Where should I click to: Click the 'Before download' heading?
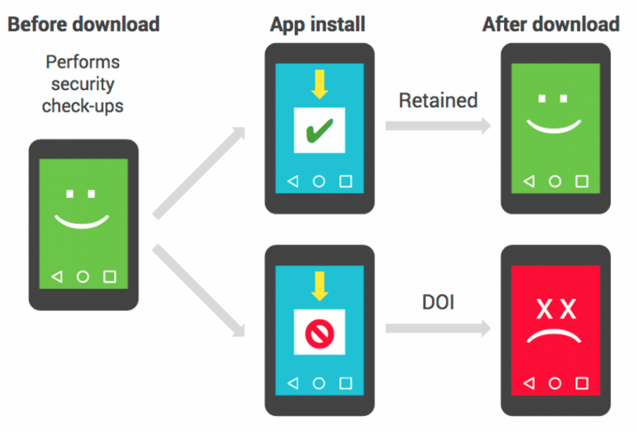(x=84, y=24)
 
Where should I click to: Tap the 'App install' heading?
(x=317, y=25)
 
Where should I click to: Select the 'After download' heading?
(x=551, y=24)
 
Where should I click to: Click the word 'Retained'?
(x=438, y=100)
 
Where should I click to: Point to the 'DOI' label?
(x=438, y=302)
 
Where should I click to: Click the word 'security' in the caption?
(x=83, y=85)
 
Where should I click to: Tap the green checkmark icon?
(x=320, y=130)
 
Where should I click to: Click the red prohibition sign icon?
(x=320, y=333)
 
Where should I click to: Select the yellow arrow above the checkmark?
(x=320, y=85)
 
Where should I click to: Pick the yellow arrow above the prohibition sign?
(x=320, y=286)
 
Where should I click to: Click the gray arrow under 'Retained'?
(x=438, y=125)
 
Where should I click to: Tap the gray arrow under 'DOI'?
(x=438, y=328)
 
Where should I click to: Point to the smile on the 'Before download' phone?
(x=82, y=223)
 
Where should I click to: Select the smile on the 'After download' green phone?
(x=554, y=128)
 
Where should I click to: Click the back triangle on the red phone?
(x=529, y=383)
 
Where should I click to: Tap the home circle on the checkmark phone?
(x=319, y=181)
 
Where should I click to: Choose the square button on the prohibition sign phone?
(x=346, y=383)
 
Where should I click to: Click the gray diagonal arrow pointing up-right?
(x=199, y=173)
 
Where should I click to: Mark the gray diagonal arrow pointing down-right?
(x=199, y=291)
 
